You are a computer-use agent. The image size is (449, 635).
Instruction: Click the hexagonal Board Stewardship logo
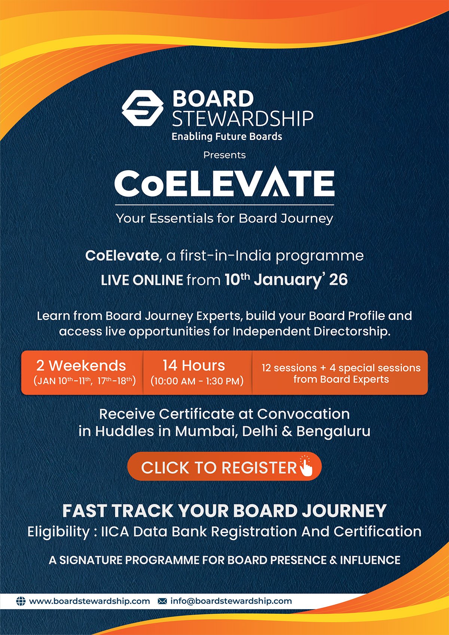click(x=143, y=108)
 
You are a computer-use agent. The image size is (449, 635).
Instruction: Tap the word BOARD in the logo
click(x=213, y=99)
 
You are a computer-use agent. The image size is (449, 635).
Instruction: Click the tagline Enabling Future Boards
click(x=227, y=137)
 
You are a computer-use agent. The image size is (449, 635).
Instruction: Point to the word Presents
click(x=224, y=155)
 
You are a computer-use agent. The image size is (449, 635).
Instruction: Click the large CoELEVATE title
click(x=224, y=183)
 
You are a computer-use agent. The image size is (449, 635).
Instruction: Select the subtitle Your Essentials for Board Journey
click(x=224, y=218)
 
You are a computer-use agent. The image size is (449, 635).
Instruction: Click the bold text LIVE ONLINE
click(x=142, y=280)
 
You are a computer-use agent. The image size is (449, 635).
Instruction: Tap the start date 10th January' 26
click(x=286, y=280)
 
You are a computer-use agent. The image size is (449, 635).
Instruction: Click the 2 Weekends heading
click(x=81, y=365)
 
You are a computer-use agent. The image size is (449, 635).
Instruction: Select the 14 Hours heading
click(x=194, y=365)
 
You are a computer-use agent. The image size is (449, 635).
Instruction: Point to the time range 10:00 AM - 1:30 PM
click(x=197, y=381)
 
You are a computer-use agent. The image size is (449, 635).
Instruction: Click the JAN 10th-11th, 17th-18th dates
click(x=85, y=381)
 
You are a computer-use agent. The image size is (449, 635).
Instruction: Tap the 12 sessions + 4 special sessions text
click(x=341, y=368)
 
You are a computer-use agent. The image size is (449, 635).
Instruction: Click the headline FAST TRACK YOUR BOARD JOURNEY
click(x=224, y=511)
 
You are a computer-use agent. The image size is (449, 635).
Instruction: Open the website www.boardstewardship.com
click(x=89, y=601)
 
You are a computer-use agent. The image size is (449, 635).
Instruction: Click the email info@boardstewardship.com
click(x=231, y=601)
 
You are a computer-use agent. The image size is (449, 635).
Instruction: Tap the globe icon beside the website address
click(x=21, y=601)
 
